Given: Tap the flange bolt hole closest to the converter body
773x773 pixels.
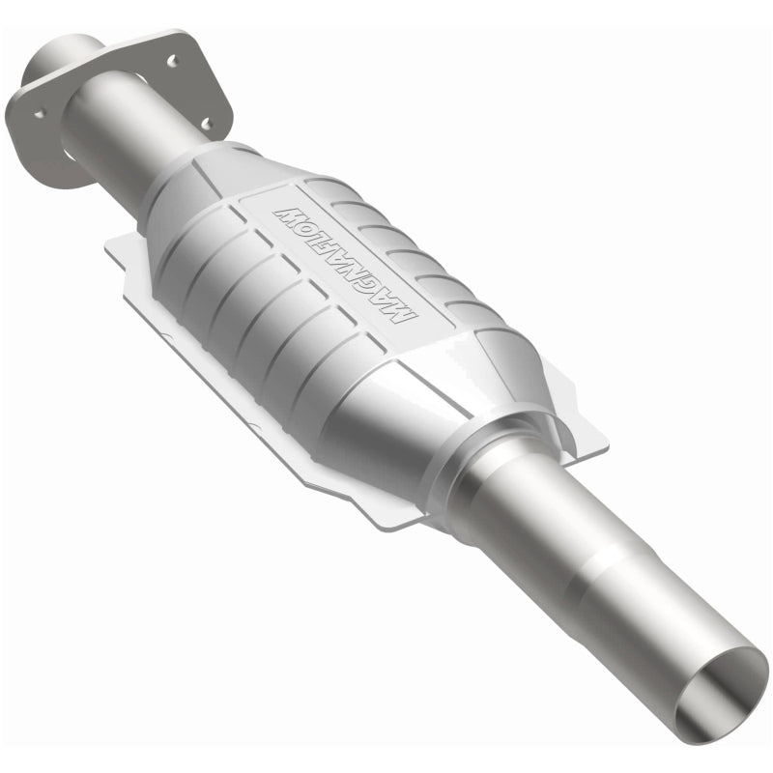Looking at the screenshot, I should [205, 123].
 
